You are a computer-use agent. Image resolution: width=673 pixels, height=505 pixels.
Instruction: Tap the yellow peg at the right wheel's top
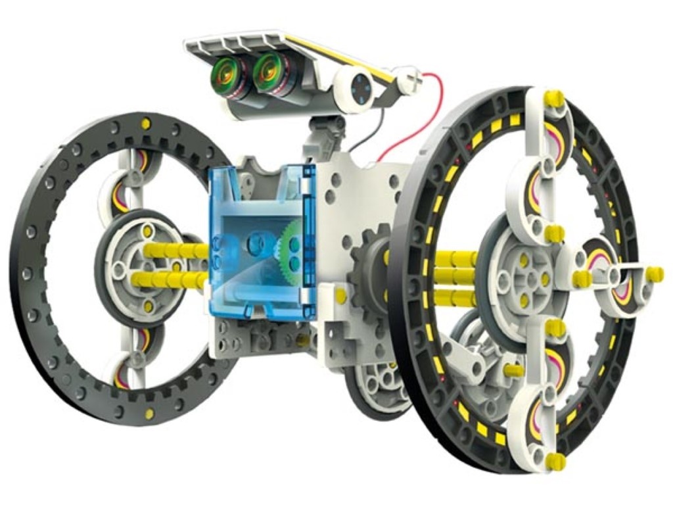click(553, 99)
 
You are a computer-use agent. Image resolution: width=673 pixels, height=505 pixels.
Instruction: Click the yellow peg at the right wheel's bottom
click(556, 460)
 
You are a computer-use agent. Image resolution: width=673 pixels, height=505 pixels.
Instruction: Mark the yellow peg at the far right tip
click(654, 274)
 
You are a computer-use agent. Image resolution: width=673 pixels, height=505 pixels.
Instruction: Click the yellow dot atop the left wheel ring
click(147, 124)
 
